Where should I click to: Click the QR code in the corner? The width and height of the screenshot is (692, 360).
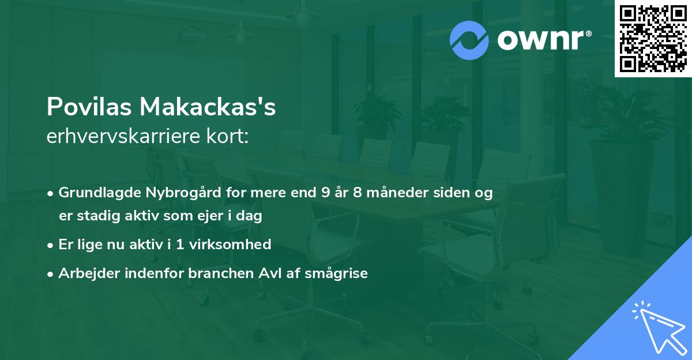pyautogui.click(x=653, y=39)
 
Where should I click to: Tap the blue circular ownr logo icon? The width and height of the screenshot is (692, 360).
pyautogui.click(x=469, y=40)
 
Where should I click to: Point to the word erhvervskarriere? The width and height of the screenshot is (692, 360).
pyautogui.click(x=121, y=137)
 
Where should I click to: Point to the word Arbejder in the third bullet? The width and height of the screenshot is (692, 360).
pyautogui.click(x=84, y=273)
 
